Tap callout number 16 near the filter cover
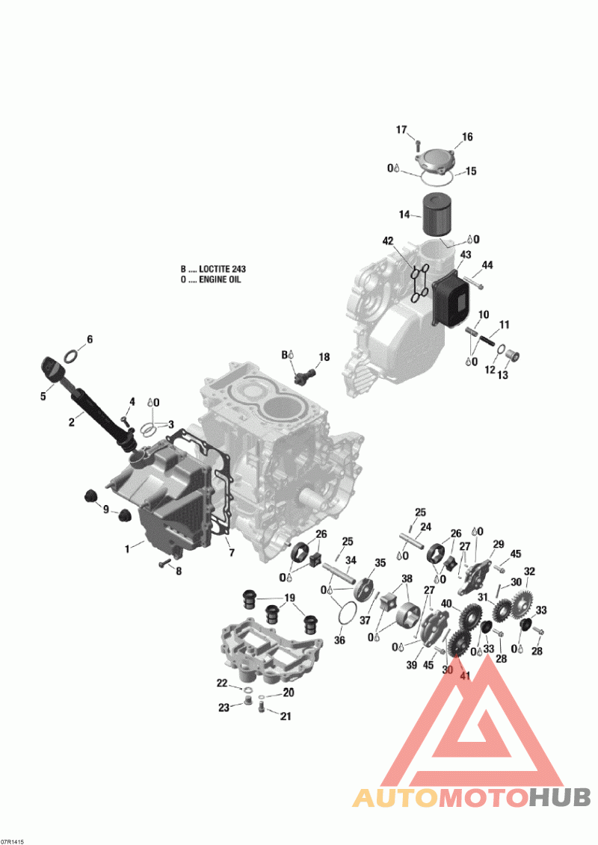pos(467,137)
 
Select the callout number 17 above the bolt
pos(401,130)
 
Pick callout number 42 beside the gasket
pos(387,241)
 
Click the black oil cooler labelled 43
pos(451,297)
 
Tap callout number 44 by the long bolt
pos(487,265)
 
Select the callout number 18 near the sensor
pos(324,358)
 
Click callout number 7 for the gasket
pos(232,553)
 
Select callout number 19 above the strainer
pos(289,598)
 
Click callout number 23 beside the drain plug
pos(224,708)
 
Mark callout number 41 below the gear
pos(464,676)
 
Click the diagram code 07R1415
pos(13,841)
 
